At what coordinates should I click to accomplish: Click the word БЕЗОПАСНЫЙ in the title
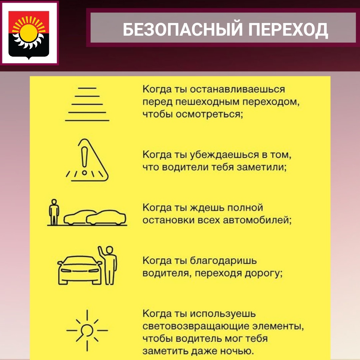(183, 29)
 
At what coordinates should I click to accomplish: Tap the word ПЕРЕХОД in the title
(288, 30)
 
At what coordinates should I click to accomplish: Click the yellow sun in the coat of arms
(29, 33)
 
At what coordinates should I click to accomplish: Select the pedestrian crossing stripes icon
(87, 104)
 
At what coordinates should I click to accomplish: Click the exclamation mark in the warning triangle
(84, 160)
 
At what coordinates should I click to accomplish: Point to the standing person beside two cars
(54, 212)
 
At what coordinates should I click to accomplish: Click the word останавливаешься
(237, 89)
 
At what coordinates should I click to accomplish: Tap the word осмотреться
(209, 114)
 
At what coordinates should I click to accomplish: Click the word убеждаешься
(225, 155)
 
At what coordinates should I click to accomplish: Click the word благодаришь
(223, 261)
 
